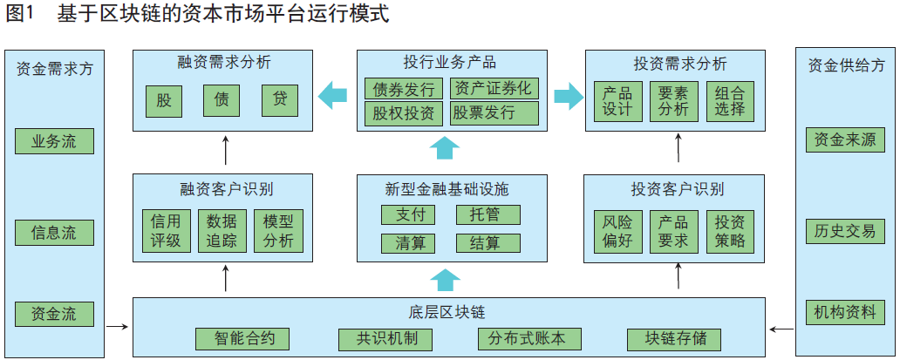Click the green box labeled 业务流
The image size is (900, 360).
click(x=54, y=141)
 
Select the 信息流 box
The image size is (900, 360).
click(x=54, y=233)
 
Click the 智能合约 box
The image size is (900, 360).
click(x=240, y=339)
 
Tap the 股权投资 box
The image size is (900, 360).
click(x=405, y=112)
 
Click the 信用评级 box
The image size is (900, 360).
click(x=166, y=231)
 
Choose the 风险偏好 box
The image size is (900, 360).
click(x=617, y=231)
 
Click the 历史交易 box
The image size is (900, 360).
click(x=845, y=231)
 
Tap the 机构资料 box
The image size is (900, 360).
click(x=845, y=313)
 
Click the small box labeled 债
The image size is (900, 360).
click(x=222, y=100)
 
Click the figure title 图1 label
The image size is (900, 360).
click(x=21, y=15)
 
